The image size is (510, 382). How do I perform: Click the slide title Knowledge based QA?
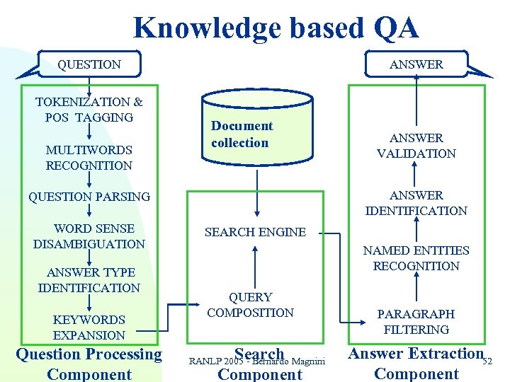(x=276, y=28)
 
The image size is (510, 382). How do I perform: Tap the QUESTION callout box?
(x=89, y=64)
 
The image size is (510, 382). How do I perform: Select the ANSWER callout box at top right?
(x=416, y=64)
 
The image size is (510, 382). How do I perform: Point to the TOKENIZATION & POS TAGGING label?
(x=89, y=110)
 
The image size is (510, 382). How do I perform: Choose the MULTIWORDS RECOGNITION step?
(x=89, y=158)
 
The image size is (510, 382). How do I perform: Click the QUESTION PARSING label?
(x=89, y=197)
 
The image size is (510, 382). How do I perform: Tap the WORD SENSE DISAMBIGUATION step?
(x=89, y=236)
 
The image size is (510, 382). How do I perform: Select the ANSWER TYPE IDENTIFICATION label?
(x=89, y=280)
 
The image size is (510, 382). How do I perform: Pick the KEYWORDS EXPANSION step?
(x=89, y=328)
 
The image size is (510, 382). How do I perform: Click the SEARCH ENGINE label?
(x=255, y=232)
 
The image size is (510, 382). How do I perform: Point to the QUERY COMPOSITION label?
(x=250, y=305)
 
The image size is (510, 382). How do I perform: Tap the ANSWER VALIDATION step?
(x=416, y=146)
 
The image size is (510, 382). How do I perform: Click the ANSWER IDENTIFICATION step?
(x=416, y=203)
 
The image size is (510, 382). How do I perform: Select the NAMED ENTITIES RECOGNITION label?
(x=416, y=258)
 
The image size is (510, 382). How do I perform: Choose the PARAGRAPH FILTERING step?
(x=416, y=322)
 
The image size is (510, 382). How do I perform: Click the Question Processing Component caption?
(x=89, y=364)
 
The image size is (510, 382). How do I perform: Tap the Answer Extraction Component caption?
(x=416, y=363)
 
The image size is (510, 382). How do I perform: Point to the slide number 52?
(x=487, y=362)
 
